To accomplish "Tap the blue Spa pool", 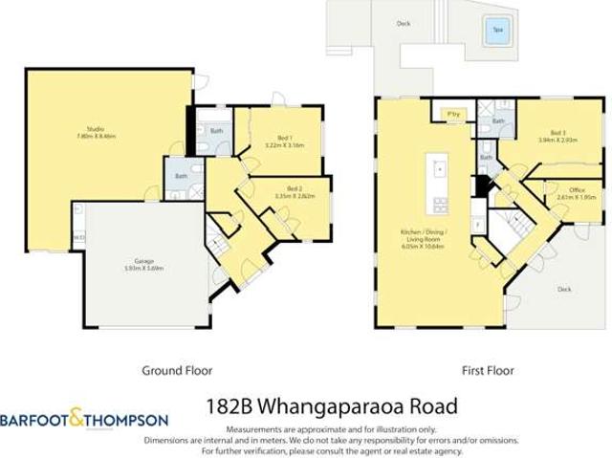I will click(496, 31).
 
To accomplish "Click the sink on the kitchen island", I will click(440, 169).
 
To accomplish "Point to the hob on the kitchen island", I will click(440, 203).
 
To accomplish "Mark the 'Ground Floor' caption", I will click(177, 370).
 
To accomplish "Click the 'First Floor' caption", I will click(487, 370).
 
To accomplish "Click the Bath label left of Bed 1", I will click(216, 130).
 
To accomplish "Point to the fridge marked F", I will click(475, 229).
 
